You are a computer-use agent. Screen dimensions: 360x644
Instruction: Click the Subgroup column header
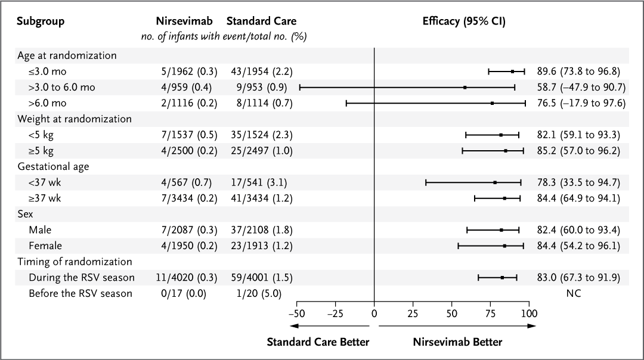tap(40, 21)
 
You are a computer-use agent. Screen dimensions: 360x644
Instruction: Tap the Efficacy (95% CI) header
tap(463, 21)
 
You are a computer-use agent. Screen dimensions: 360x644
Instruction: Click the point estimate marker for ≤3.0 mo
tap(512, 72)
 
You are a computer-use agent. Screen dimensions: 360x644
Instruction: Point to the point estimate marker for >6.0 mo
tap(492, 103)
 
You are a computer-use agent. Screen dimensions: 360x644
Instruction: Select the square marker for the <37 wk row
tap(495, 182)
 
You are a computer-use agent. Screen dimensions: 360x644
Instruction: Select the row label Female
tap(45, 246)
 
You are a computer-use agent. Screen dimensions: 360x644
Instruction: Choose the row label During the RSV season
tap(81, 277)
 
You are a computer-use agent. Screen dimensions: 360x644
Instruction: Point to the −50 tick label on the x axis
tap(296, 313)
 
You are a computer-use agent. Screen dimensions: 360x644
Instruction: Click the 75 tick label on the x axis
tap(490, 313)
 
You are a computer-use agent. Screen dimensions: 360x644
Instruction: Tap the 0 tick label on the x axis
tap(374, 313)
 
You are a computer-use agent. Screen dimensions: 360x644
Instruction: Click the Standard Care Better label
tap(318, 342)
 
